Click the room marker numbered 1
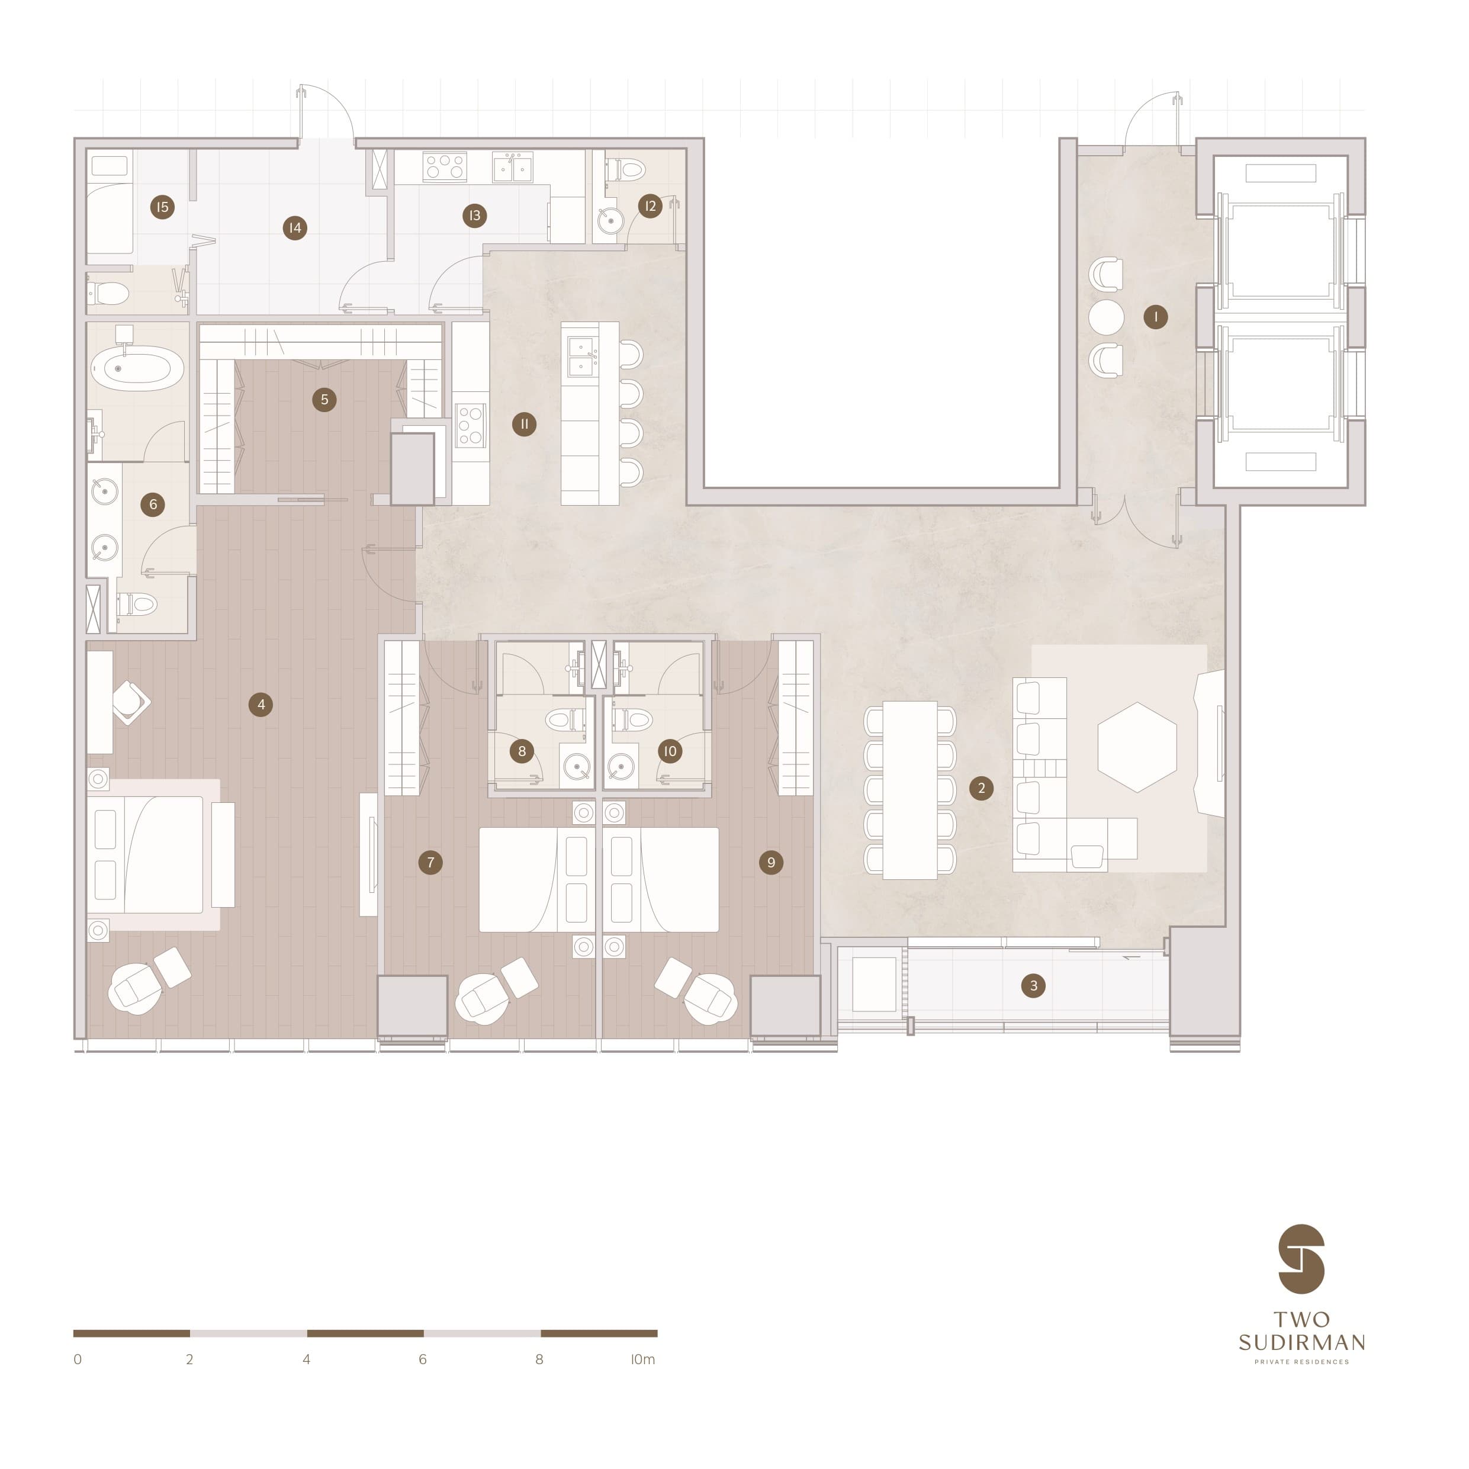click(1155, 316)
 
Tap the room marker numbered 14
click(295, 227)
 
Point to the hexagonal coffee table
click(1137, 747)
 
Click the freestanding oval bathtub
click(137, 369)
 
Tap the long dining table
click(909, 789)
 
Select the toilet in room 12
click(629, 169)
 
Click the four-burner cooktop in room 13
click(445, 166)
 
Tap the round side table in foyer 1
click(1105, 316)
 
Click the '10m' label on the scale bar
click(642, 1359)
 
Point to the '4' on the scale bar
click(307, 1359)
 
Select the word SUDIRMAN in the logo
click(1301, 1342)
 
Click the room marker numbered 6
click(153, 504)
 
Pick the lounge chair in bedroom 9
click(710, 998)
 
